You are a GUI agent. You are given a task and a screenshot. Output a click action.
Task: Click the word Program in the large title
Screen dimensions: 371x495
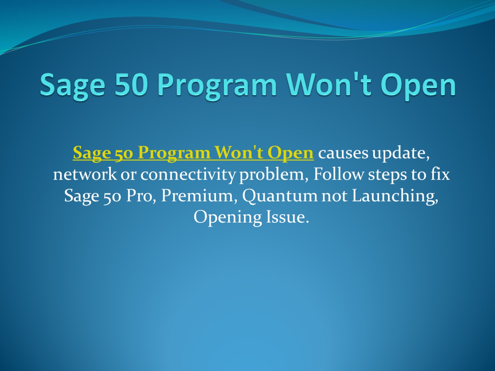(x=217, y=85)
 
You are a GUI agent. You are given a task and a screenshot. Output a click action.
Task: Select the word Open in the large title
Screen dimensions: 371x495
(x=418, y=85)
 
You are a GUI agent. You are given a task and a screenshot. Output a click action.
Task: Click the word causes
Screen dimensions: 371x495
(x=343, y=153)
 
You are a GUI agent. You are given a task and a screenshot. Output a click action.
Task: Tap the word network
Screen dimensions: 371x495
(x=85, y=174)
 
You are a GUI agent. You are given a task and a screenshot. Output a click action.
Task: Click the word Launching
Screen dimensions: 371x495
(x=395, y=196)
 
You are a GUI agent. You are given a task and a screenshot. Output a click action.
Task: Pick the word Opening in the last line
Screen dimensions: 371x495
(x=227, y=217)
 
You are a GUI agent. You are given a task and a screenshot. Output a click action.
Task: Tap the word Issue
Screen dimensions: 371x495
(x=287, y=217)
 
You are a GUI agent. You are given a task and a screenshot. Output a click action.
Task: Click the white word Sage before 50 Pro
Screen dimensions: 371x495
(x=81, y=196)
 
